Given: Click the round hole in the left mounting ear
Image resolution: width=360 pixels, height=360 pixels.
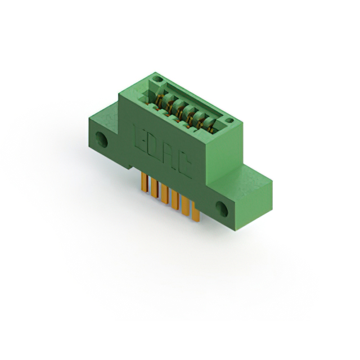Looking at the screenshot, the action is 101,139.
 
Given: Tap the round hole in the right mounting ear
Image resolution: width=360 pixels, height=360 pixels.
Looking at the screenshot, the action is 222,209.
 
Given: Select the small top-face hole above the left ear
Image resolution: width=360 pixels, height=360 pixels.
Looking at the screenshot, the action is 157,79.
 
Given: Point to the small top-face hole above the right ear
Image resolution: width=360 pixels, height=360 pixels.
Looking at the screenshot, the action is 229,120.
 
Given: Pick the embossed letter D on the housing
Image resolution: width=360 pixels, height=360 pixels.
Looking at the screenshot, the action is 153,147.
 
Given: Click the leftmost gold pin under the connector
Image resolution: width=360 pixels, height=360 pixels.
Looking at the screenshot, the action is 144,182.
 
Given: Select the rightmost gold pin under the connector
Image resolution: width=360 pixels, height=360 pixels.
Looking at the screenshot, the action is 196,211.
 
